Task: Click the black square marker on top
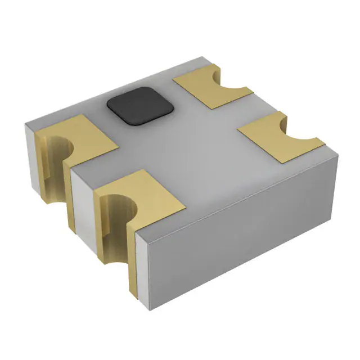coord(138,105)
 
